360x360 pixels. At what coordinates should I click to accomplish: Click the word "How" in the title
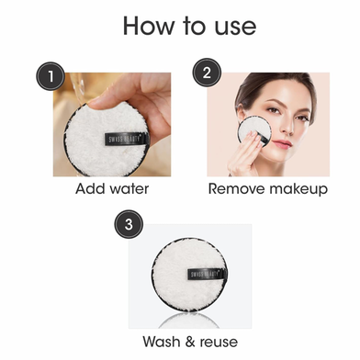(x=148, y=26)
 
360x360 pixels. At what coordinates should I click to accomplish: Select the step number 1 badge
(x=51, y=76)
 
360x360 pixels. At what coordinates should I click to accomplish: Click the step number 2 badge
(x=207, y=73)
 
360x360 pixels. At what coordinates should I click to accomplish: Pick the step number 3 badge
(x=129, y=224)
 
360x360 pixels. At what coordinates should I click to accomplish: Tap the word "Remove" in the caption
(x=236, y=189)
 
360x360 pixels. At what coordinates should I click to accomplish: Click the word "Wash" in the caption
(x=162, y=342)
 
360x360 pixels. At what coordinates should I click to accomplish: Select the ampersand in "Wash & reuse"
(x=190, y=342)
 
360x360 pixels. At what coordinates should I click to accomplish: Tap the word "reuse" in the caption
(x=219, y=343)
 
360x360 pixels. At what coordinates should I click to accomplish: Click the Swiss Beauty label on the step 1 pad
(x=127, y=140)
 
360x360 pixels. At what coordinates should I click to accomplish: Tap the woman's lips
(x=282, y=143)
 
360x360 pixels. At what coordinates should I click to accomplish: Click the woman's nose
(x=287, y=126)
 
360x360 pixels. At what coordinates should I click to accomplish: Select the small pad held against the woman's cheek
(x=254, y=132)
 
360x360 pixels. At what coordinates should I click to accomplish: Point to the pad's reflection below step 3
(x=189, y=321)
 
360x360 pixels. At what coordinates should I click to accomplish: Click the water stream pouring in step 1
(x=78, y=89)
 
